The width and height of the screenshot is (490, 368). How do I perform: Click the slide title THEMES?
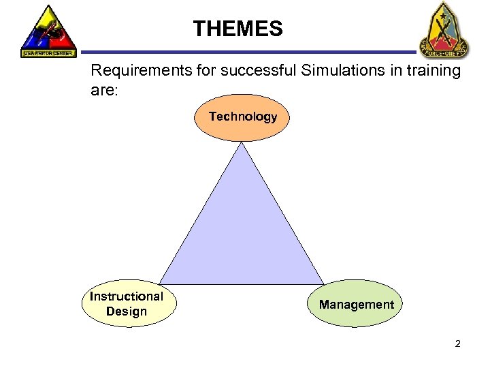pyautogui.click(x=237, y=29)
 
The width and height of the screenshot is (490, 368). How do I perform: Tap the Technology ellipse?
pyautogui.click(x=243, y=117)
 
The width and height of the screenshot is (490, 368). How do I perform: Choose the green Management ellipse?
pyautogui.click(x=357, y=304)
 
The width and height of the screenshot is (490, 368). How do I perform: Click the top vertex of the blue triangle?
pyautogui.click(x=243, y=143)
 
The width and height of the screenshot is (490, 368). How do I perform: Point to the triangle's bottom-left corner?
pyautogui.click(x=161, y=283)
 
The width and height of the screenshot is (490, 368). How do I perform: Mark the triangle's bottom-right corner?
pyautogui.click(x=323, y=283)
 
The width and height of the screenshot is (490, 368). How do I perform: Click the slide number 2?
pyautogui.click(x=457, y=343)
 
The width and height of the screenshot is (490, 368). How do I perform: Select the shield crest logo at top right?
pyautogui.click(x=443, y=29)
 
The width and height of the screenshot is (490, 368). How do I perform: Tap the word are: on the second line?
pyautogui.click(x=104, y=89)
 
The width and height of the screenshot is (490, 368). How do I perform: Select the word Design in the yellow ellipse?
pyautogui.click(x=127, y=311)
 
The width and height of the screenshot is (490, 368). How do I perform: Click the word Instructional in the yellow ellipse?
pyautogui.click(x=127, y=296)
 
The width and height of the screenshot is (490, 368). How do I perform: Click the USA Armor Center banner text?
pyautogui.click(x=48, y=53)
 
